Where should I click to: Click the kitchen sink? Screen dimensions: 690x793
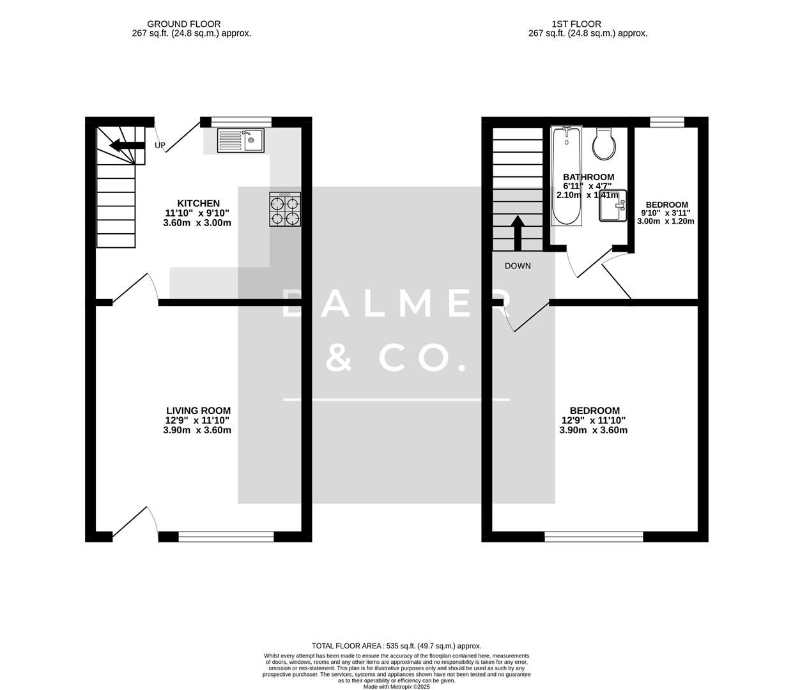[240, 141]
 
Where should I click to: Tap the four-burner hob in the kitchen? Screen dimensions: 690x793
[285, 210]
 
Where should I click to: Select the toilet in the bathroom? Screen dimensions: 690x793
[604, 144]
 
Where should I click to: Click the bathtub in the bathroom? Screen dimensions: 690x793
[566, 176]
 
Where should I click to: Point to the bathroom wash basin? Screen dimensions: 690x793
[613, 206]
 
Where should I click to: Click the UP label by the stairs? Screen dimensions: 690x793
[160, 146]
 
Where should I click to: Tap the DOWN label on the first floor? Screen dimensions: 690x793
[518, 266]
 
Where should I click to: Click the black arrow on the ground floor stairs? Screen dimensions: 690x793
[127, 146]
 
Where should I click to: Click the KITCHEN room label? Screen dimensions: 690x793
[198, 204]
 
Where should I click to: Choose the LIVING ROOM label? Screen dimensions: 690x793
[198, 411]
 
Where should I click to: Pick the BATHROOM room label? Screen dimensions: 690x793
[589, 177]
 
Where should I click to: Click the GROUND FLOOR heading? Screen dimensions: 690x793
[184, 24]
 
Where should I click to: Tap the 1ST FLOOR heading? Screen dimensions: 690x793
[578, 24]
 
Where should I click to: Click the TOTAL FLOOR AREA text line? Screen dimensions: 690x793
[396, 646]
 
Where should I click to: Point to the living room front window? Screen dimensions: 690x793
[226, 537]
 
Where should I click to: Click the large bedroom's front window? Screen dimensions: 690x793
[594, 537]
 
